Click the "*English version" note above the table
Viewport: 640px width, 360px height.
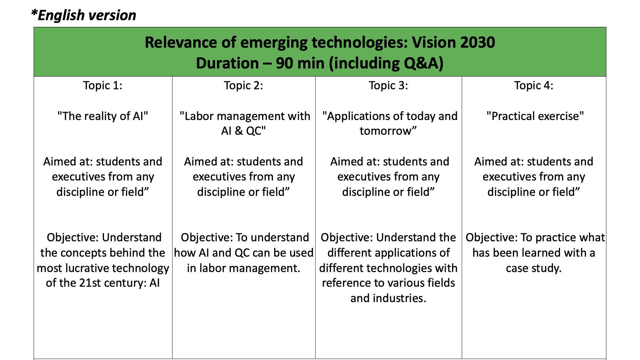point(84,15)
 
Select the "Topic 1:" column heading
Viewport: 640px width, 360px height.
point(103,85)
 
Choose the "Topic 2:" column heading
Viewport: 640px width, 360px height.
point(244,85)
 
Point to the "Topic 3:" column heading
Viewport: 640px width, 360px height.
point(388,85)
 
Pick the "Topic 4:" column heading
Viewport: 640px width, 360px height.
point(534,85)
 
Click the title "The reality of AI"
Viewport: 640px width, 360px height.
point(103,116)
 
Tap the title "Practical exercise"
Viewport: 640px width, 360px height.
point(535,116)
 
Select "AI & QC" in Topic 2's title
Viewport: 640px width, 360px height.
point(241,131)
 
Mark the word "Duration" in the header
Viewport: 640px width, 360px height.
point(228,63)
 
